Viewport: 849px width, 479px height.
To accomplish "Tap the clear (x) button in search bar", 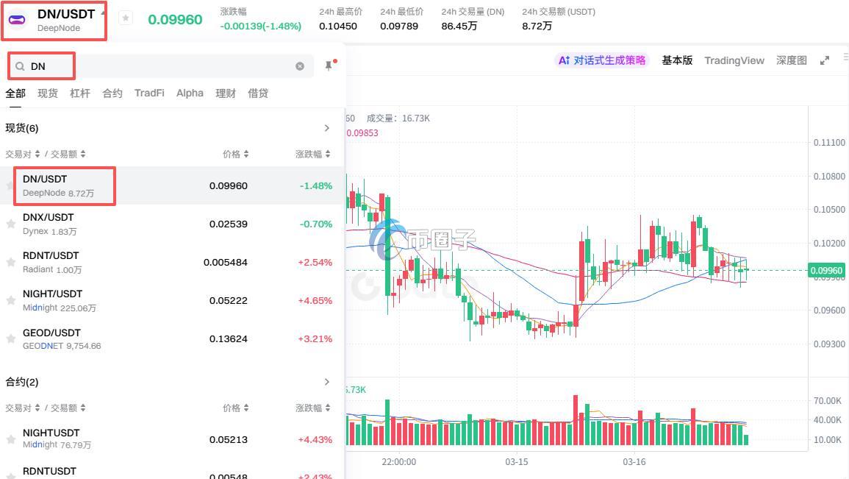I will coord(300,66).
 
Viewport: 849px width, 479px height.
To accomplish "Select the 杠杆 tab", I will coord(80,93).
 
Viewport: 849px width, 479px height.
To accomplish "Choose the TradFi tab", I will coord(149,93).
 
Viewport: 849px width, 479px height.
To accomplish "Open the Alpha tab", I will coord(190,93).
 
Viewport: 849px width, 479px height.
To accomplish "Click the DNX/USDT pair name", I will coord(49,218).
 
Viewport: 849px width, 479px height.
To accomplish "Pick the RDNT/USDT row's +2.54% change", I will coord(315,263).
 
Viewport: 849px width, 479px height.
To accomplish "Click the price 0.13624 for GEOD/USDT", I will coord(228,339).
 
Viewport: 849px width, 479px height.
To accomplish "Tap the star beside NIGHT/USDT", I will coord(11,300).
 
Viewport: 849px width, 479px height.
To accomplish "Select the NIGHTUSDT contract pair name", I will coord(51,433).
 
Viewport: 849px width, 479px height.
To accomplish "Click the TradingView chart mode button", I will coord(734,60).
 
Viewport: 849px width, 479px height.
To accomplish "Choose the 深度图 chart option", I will coord(792,60).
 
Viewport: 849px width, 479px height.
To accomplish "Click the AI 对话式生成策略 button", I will coord(602,60).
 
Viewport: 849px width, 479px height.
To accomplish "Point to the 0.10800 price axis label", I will coord(829,177).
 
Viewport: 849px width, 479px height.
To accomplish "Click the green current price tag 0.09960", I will coord(827,271).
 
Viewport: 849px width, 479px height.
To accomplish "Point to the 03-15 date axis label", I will coord(517,462).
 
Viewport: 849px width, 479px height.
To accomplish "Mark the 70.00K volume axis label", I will coord(828,401).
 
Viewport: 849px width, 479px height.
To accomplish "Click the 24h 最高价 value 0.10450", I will coord(338,26).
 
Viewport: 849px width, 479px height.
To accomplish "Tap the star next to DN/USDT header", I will coord(126,18).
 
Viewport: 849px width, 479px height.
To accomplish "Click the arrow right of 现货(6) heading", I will coord(327,128).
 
